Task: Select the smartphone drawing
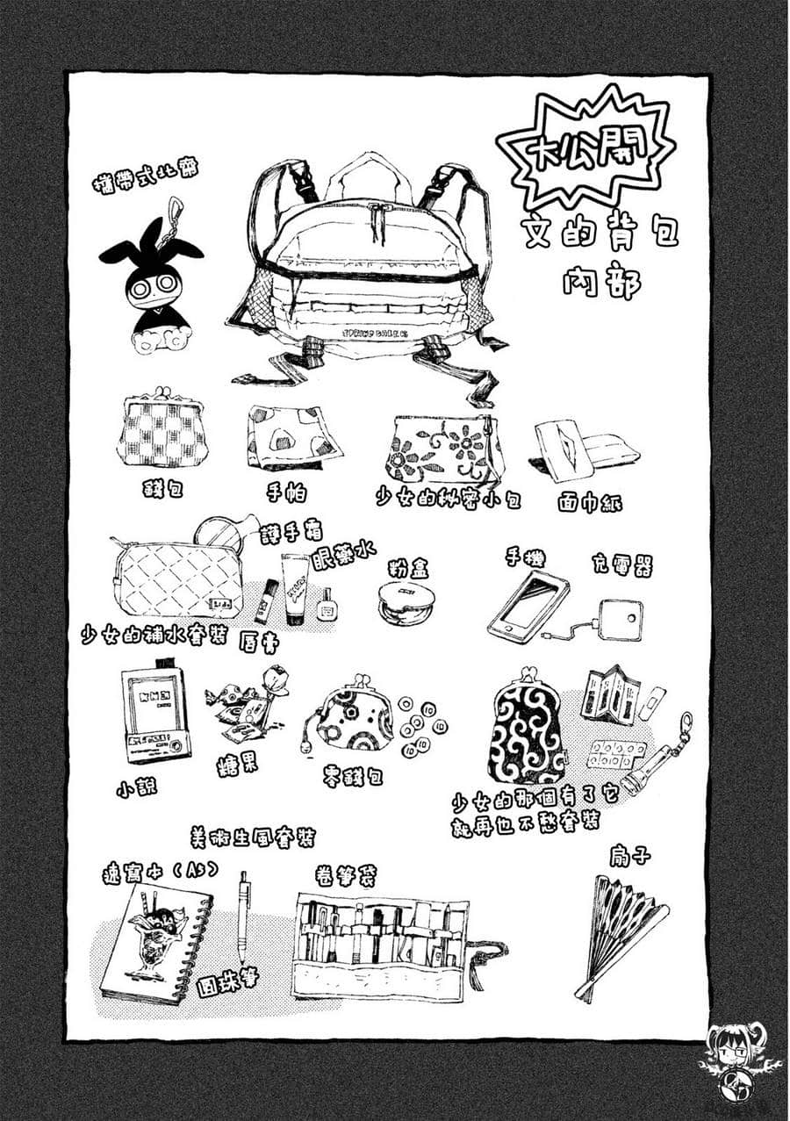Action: point(528,605)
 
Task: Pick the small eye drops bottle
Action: point(327,606)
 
